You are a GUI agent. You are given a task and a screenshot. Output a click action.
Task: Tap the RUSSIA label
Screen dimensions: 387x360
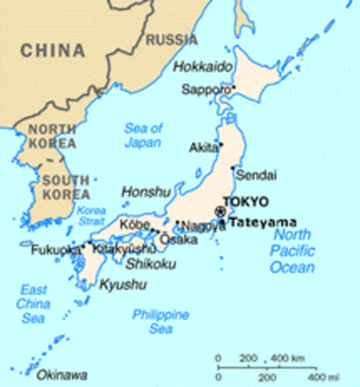click(171, 39)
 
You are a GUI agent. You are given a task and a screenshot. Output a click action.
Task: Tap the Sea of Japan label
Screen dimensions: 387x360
click(143, 135)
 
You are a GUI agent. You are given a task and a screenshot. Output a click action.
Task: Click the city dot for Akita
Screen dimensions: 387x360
click(221, 145)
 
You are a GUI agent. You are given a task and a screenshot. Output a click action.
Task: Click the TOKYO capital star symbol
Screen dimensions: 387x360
click(221, 211)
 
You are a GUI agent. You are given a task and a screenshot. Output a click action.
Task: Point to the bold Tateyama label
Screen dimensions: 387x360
click(263, 222)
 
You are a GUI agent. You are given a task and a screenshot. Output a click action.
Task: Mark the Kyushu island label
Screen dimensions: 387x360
click(123, 284)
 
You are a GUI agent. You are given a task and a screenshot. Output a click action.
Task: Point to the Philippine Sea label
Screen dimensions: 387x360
click(160, 322)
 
